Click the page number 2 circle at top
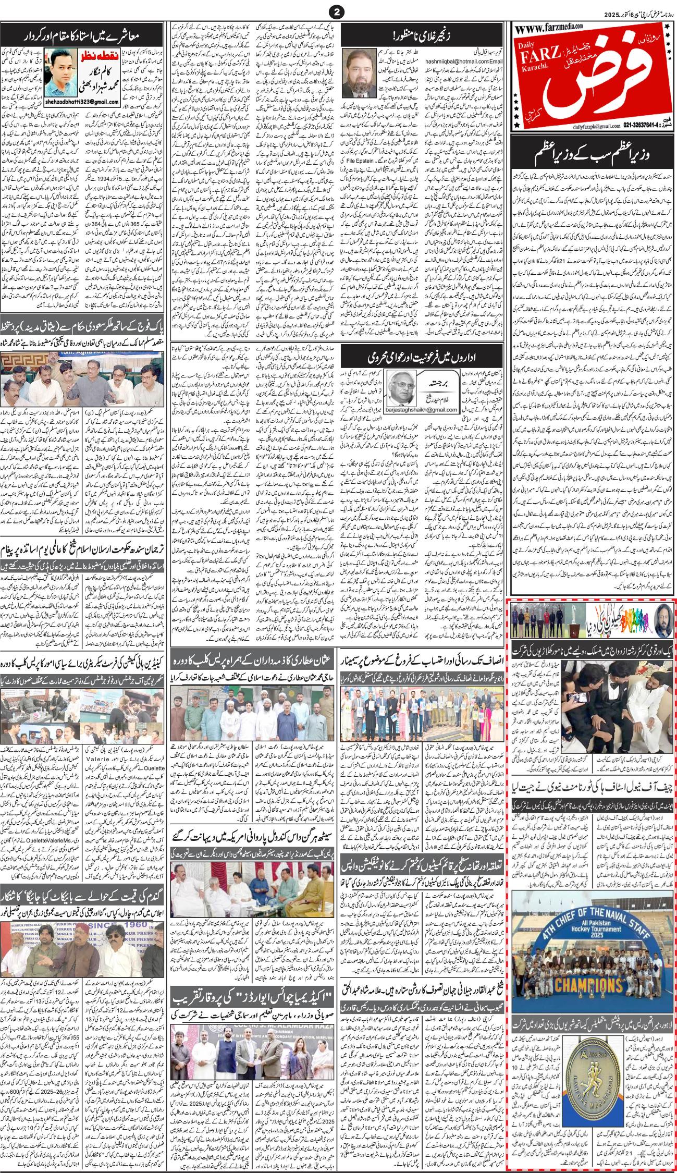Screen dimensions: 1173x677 coord(338,11)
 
